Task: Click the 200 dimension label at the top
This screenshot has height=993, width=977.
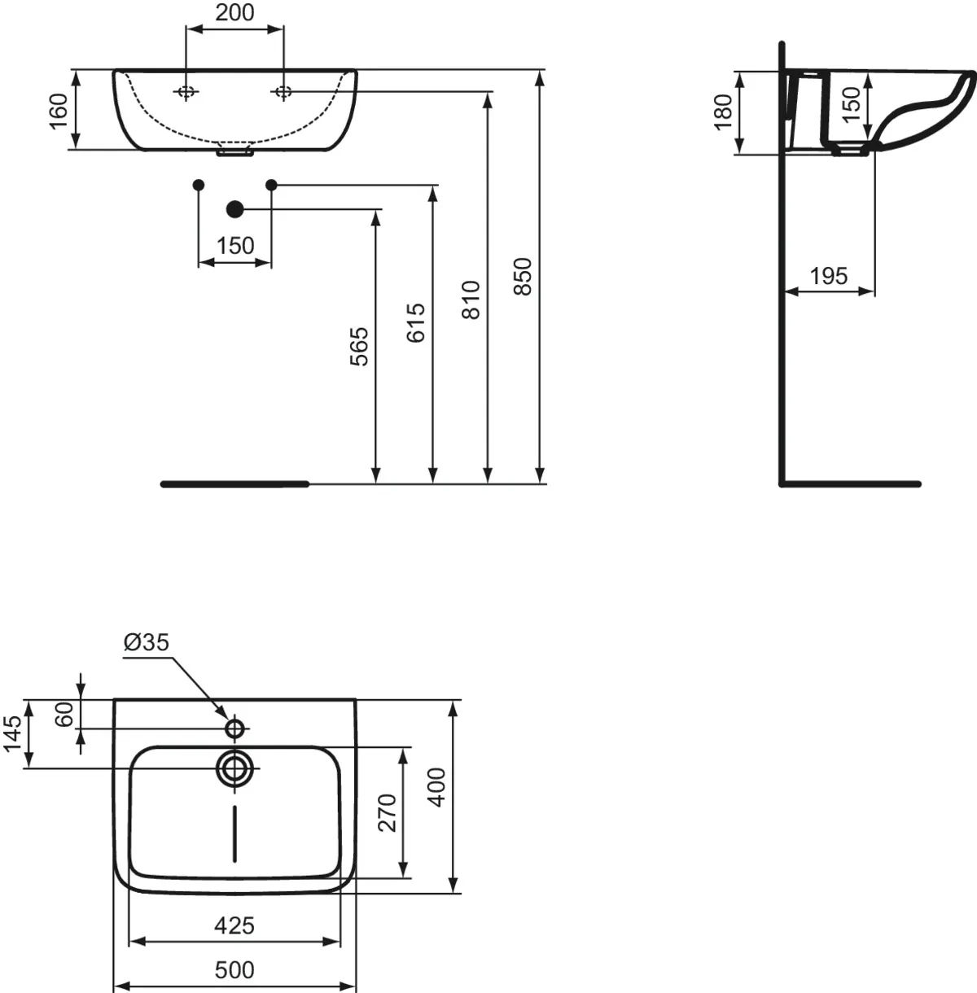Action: coord(234,13)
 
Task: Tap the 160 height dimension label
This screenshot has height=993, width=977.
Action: coord(59,111)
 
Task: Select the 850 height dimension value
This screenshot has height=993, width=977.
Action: coord(522,277)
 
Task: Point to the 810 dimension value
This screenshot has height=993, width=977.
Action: coord(471,300)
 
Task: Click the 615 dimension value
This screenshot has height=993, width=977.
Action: coord(415,323)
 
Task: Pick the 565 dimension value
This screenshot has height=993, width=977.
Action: coord(359,346)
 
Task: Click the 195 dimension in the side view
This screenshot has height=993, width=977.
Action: coord(829,276)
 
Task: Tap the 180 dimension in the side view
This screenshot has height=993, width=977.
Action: coord(723,112)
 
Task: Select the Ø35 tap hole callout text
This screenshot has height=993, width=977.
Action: coord(147,642)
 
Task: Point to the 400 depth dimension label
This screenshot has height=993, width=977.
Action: coord(437,787)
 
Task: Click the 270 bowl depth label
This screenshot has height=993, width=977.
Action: coord(388,813)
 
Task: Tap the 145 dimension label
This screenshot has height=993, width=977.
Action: coord(12,734)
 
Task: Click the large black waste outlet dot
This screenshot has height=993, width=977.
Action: coord(234,208)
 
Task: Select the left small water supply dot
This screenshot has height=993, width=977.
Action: coord(199,185)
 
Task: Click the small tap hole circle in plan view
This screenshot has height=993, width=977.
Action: coord(234,728)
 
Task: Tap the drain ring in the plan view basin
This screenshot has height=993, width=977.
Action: coord(234,768)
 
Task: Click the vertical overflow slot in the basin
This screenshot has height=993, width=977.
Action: coord(234,833)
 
